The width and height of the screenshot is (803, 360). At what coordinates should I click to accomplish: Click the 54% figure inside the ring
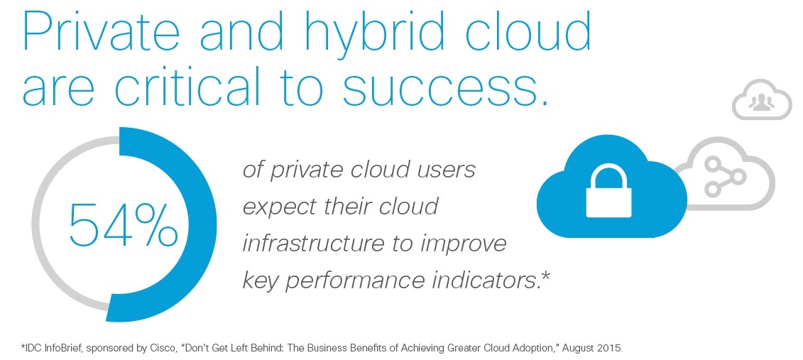122,224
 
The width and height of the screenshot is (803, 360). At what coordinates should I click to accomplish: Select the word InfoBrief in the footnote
60,349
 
